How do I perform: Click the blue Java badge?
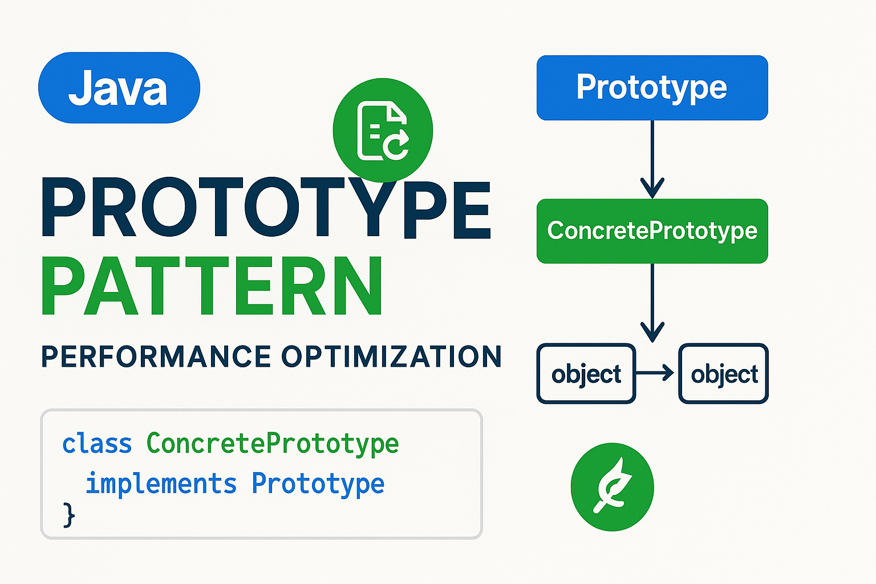(119, 88)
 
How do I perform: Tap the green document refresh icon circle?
(383, 130)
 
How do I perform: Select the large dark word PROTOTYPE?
(266, 208)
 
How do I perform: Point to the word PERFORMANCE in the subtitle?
(156, 357)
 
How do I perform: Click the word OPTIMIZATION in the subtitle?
(391, 357)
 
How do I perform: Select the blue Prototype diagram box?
(652, 88)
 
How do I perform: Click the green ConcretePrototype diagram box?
(652, 231)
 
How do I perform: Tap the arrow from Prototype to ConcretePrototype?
(652, 160)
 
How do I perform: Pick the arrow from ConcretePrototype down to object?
(652, 302)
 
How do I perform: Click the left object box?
(586, 374)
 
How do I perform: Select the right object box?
(723, 374)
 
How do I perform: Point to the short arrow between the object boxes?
(656, 374)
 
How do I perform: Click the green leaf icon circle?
(612, 487)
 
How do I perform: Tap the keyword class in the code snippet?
(97, 444)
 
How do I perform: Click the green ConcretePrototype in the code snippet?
(273, 444)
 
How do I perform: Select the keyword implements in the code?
(161, 484)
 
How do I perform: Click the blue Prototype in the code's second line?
(318, 484)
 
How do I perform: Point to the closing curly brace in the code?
(68, 514)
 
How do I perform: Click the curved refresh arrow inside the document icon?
(396, 144)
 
